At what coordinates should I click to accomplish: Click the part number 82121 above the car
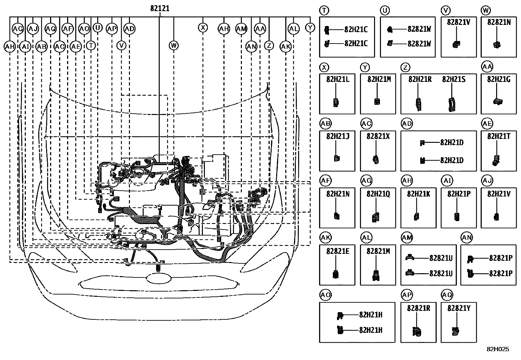[x=160, y=9]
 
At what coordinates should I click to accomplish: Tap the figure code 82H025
[x=498, y=349]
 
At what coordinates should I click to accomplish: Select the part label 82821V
[x=458, y=22]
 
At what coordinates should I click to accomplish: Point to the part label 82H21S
[x=454, y=79]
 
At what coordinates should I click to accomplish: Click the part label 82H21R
[x=420, y=79]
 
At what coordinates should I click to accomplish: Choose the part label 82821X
[x=378, y=137]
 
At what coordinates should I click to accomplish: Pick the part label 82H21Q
[x=378, y=194]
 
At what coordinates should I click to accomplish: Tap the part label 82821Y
[x=459, y=308]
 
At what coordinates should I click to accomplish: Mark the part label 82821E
[x=338, y=251]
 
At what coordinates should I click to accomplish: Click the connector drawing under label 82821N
[x=497, y=45]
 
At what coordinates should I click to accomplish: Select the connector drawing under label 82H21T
[x=496, y=161]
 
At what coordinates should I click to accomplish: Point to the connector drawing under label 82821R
[x=417, y=332]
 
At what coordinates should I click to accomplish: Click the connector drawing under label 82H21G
[x=497, y=102]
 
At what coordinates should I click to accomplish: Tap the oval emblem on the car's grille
[x=159, y=278]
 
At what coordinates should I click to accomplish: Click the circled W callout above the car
[x=174, y=46]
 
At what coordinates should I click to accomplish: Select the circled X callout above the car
[x=203, y=28]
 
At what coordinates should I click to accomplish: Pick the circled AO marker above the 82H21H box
[x=325, y=295]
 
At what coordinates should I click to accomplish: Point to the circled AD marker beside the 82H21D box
[x=407, y=123]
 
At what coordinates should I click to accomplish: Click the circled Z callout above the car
[x=269, y=46]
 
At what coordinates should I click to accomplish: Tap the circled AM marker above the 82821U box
[x=407, y=238]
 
